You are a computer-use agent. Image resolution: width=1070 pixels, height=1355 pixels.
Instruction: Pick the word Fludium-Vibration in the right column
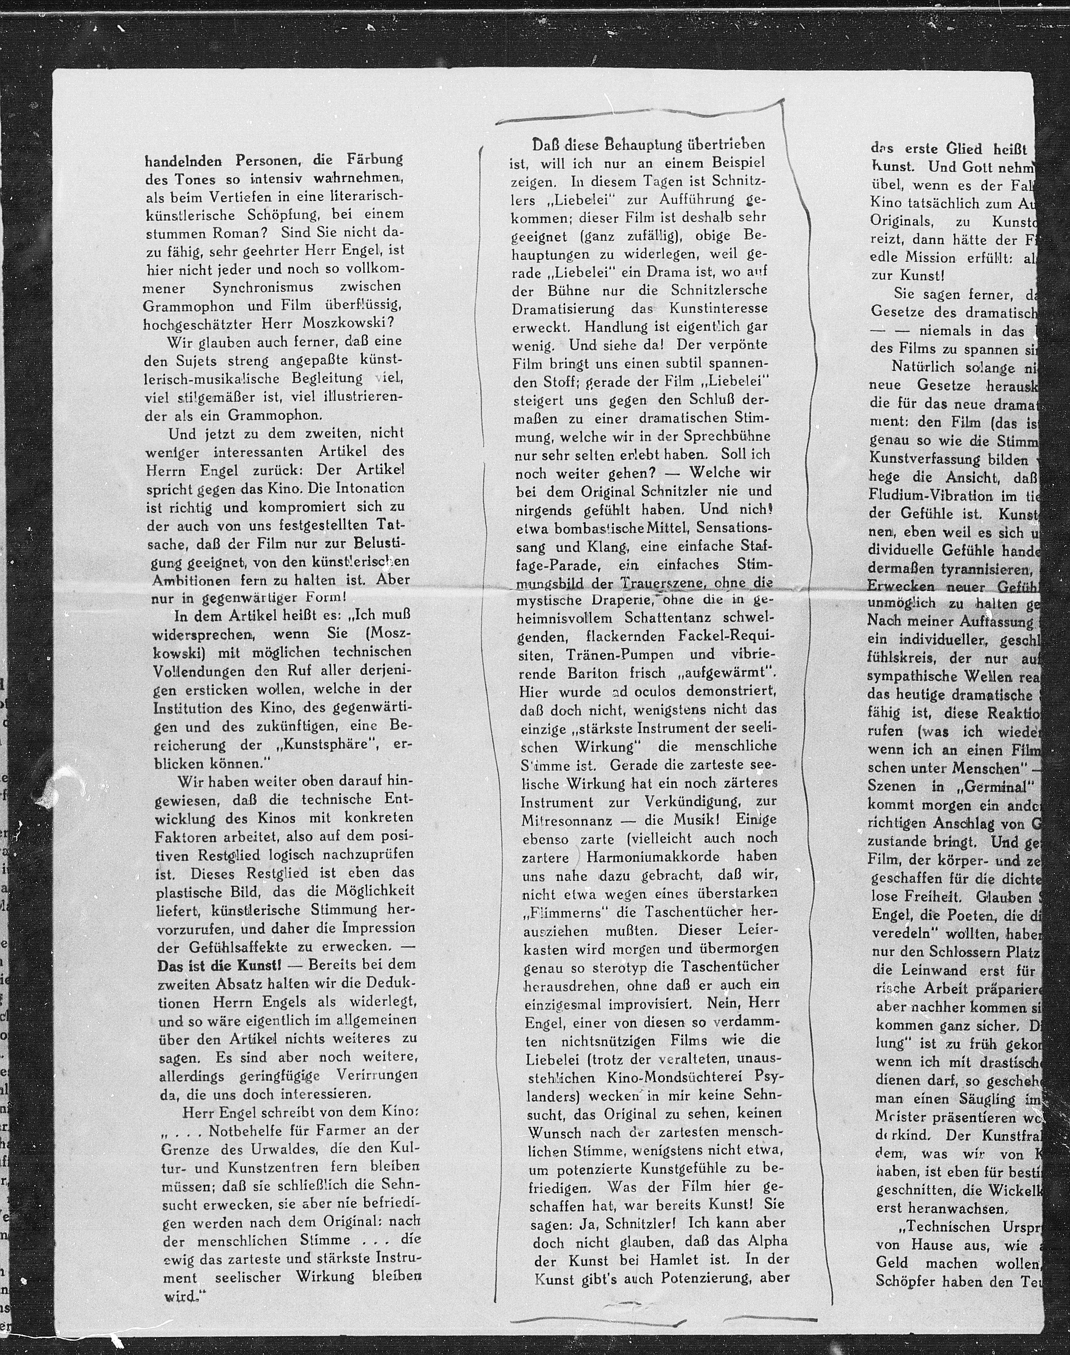[930, 496]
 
